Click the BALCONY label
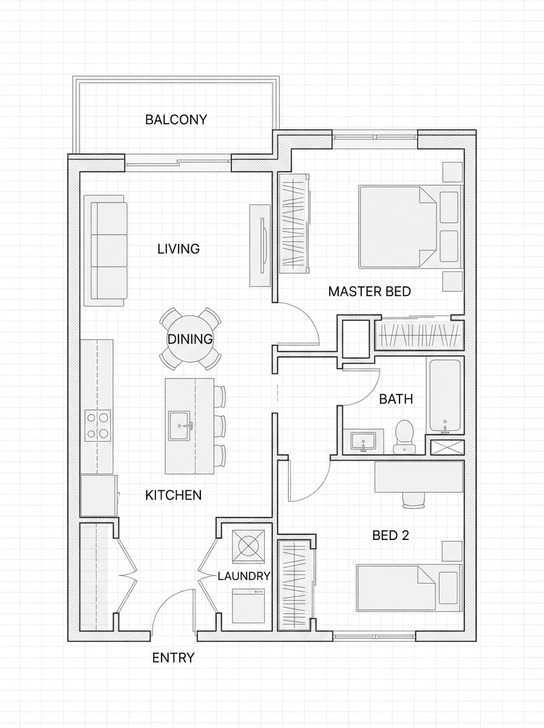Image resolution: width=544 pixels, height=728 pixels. [176, 120]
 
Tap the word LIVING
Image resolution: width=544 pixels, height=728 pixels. [178, 249]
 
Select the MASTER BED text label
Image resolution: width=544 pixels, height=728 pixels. [369, 291]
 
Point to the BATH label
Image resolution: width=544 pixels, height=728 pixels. [396, 399]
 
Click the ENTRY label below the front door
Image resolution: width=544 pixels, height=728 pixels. [173, 658]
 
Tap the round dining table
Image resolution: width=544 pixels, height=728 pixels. [190, 339]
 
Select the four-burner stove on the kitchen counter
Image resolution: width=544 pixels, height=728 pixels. [97, 425]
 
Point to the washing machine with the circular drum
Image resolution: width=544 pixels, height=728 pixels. [249, 544]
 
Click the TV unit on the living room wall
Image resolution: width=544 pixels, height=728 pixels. [260, 245]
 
